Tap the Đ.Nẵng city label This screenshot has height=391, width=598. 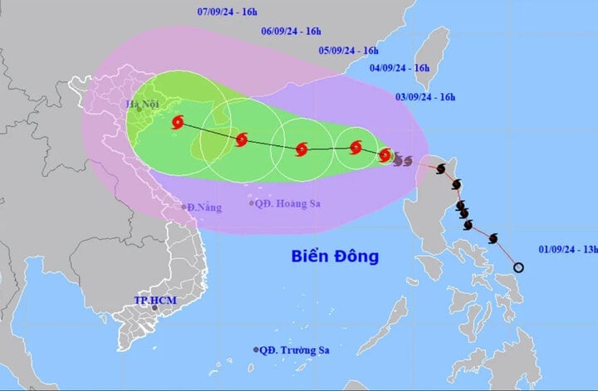[x=204, y=207]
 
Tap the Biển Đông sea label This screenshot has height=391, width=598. [x=335, y=257]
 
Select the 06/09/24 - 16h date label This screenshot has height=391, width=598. [x=291, y=31]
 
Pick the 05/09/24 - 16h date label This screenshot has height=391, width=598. [x=349, y=50]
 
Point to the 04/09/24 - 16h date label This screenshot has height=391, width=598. [x=399, y=67]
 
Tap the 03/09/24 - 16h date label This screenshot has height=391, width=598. [x=424, y=97]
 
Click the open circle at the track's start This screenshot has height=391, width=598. [x=519, y=267]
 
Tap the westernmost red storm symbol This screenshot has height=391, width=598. [x=178, y=123]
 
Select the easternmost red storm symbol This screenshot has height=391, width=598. [x=385, y=154]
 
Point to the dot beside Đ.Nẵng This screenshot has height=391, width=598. [x=184, y=207]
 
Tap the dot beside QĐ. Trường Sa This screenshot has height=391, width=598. [x=256, y=349]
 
